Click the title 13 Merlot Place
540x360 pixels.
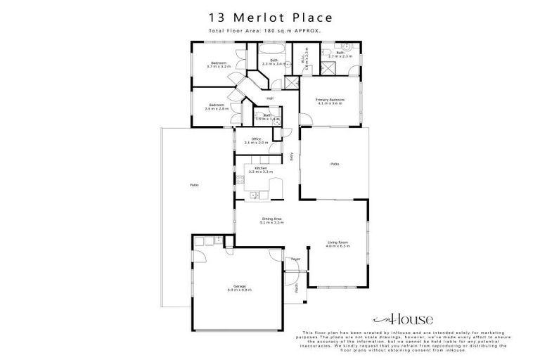(269, 16)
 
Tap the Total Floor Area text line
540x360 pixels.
(269, 31)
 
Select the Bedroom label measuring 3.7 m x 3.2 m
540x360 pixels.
(217, 65)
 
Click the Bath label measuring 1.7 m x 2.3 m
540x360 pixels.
(340, 54)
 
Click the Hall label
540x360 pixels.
(269, 98)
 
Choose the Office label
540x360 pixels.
(252, 141)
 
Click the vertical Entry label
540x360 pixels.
(292, 157)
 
